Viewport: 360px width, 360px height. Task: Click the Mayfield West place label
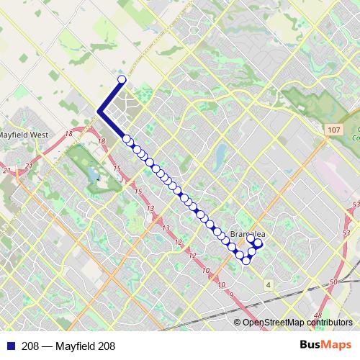click(x=24, y=134)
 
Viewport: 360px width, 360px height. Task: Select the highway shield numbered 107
click(x=332, y=130)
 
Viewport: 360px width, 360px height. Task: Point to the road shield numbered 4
click(x=268, y=285)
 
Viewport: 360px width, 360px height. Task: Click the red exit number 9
click(x=231, y=296)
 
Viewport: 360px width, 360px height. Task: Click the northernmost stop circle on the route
click(x=122, y=80)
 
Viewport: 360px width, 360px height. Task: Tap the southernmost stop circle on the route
click(x=246, y=260)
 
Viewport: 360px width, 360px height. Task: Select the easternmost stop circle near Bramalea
click(x=258, y=244)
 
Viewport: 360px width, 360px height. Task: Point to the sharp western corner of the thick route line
click(x=98, y=110)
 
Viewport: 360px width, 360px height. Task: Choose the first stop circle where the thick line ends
click(x=127, y=139)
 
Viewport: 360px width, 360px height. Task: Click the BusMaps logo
click(x=325, y=346)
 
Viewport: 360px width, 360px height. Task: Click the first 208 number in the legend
click(x=30, y=346)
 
